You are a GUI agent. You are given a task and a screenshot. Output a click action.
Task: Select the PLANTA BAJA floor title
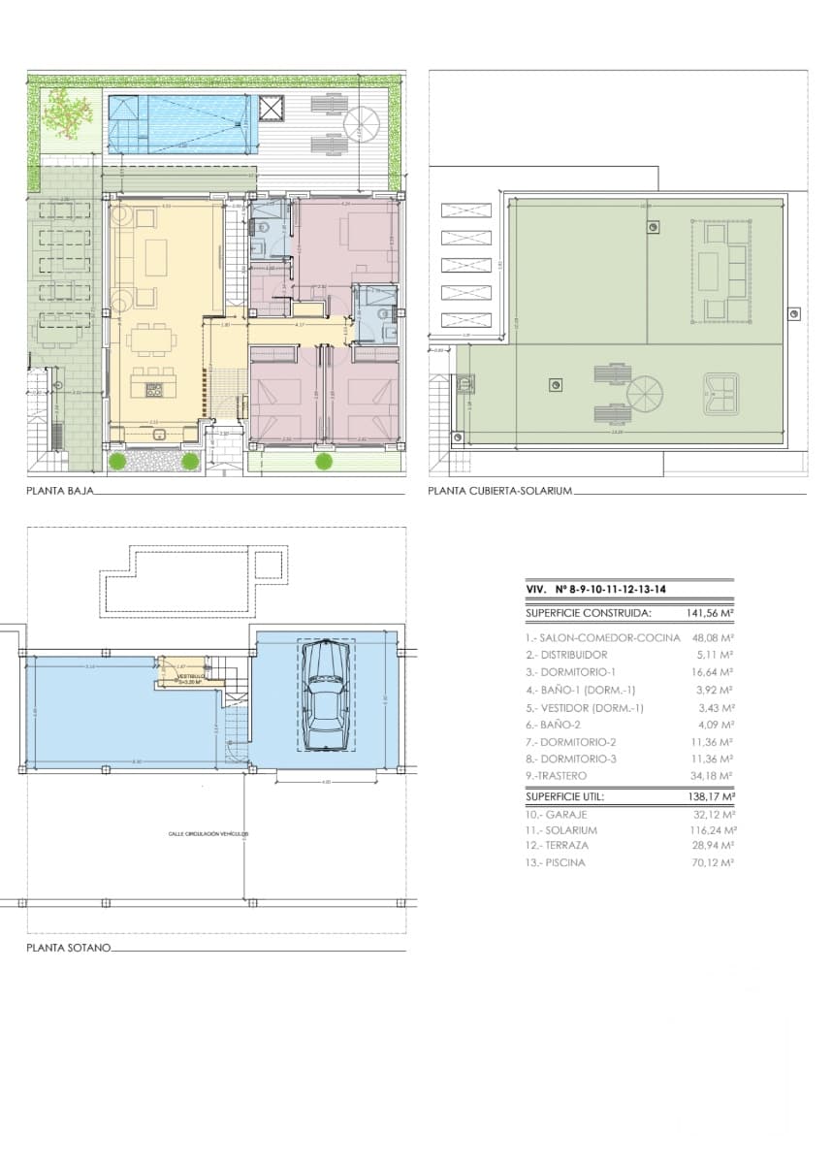(x=60, y=492)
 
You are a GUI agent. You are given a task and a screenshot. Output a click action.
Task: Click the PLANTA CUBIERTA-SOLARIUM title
(x=500, y=492)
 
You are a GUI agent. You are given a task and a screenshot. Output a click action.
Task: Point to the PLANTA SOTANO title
(x=69, y=947)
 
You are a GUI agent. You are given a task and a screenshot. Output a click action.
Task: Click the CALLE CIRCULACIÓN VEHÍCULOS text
(x=208, y=833)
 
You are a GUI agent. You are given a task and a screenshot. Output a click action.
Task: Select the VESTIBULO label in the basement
(x=191, y=676)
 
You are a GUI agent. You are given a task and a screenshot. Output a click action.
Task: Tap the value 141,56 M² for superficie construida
(x=703, y=613)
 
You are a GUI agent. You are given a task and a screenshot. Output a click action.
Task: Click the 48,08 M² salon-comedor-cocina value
(x=711, y=638)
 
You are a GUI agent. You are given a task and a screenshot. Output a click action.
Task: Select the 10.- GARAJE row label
(x=558, y=815)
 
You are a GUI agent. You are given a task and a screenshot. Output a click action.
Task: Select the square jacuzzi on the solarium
(x=720, y=394)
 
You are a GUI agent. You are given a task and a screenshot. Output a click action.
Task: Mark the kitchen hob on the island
(x=154, y=390)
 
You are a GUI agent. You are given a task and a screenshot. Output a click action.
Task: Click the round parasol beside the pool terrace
(x=362, y=121)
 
